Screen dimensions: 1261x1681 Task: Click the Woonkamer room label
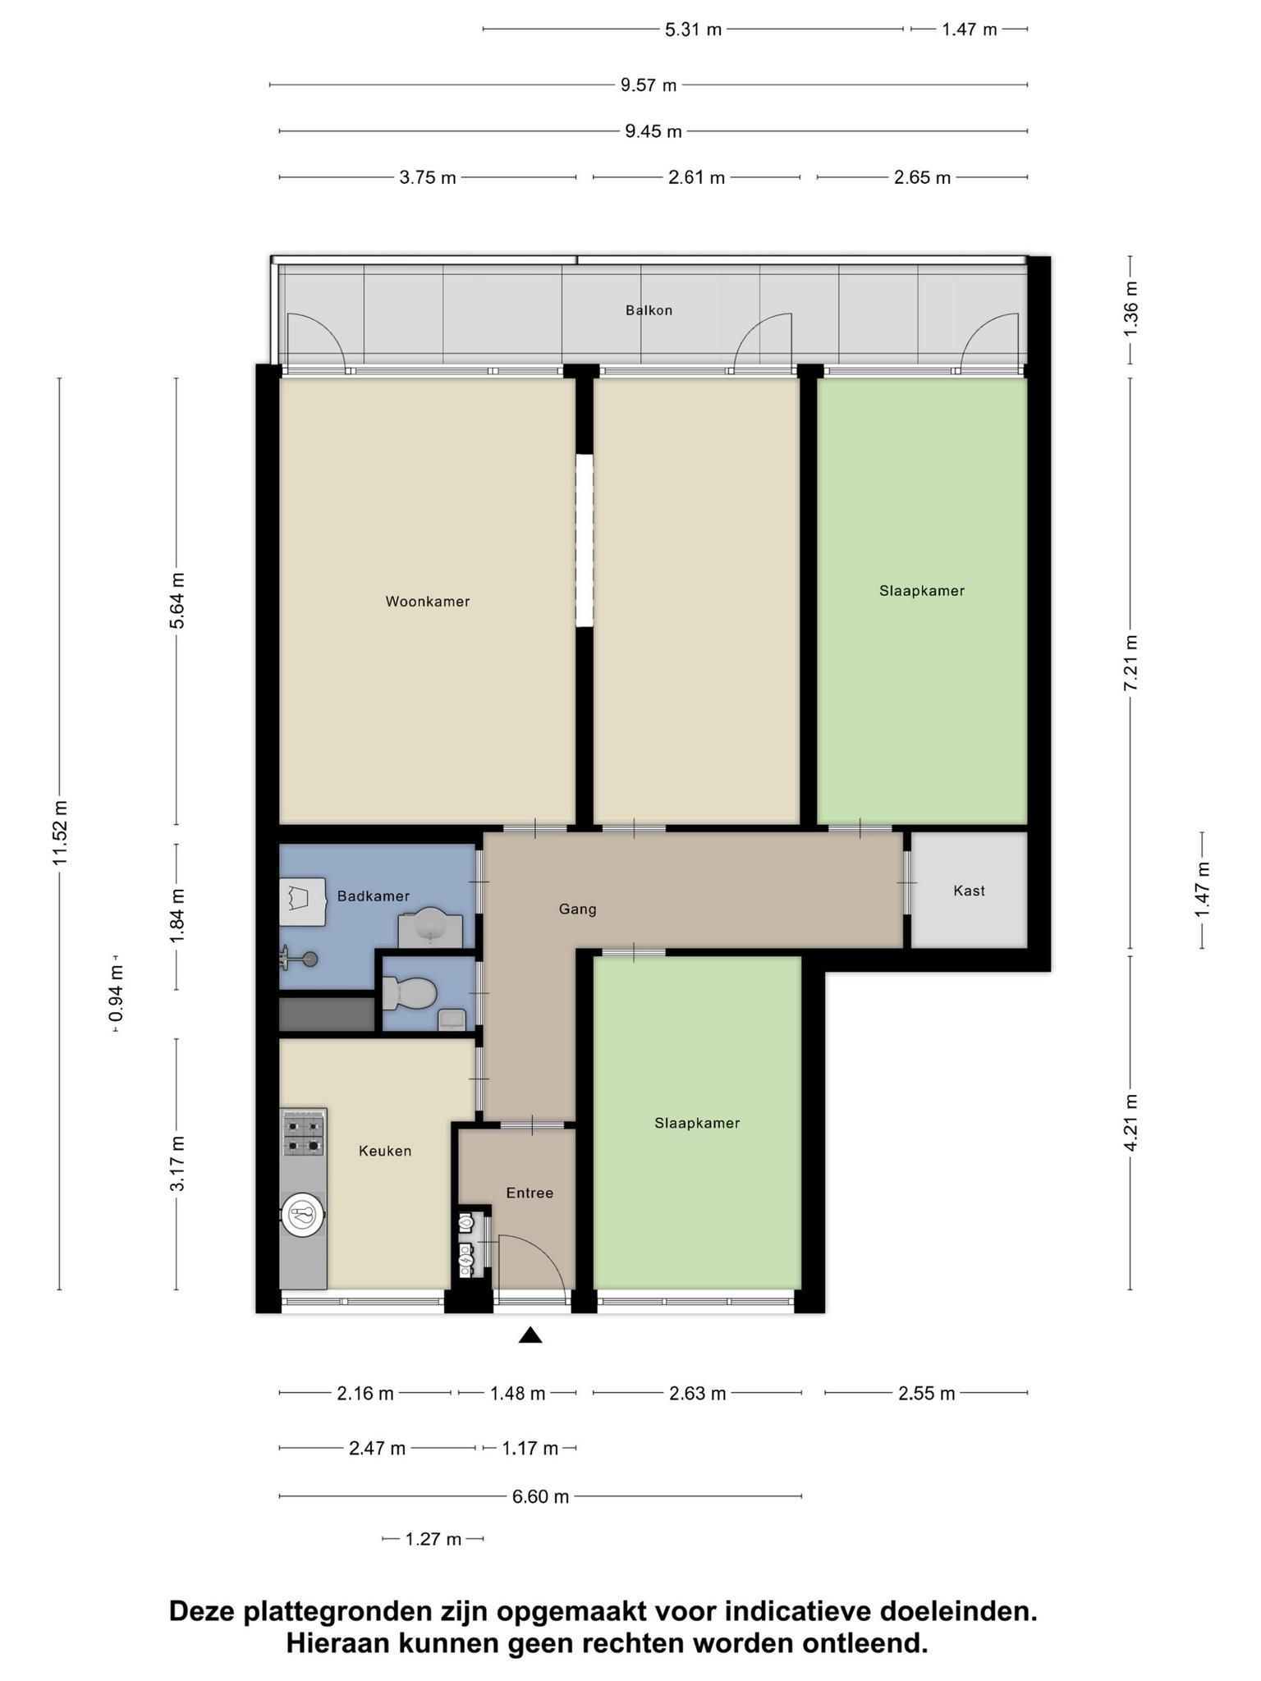tap(428, 602)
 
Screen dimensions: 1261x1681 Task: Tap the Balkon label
tap(649, 310)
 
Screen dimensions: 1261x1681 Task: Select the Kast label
tap(969, 891)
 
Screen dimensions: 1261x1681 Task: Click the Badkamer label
tap(374, 896)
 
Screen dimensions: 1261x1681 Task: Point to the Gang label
tap(577, 909)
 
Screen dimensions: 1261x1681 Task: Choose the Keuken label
tap(385, 1152)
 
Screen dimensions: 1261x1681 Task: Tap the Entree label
tap(530, 1193)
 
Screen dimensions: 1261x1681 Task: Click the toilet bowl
tap(409, 994)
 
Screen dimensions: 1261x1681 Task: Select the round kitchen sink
tap(303, 1214)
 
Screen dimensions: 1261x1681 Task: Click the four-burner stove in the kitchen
tap(304, 1134)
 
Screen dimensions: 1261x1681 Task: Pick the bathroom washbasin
tap(430, 928)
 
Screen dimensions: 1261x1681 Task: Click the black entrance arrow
tap(530, 1335)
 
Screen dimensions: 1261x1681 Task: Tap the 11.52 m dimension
tap(60, 832)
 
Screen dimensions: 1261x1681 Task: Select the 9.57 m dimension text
tap(649, 85)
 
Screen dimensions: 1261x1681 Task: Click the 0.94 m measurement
tap(116, 993)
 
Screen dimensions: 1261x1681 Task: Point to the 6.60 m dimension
tap(540, 1496)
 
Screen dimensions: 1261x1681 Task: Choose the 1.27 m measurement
tap(433, 1539)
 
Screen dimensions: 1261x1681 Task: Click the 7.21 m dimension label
tap(1130, 662)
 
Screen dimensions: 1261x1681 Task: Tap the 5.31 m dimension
tap(693, 30)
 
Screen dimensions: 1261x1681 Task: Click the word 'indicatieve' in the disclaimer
tap(796, 1610)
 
